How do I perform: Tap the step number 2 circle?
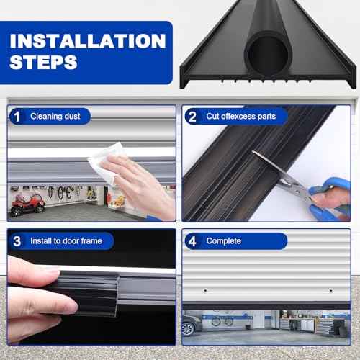click(192, 115)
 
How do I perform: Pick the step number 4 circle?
click(192, 241)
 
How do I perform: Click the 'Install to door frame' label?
click(66, 241)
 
